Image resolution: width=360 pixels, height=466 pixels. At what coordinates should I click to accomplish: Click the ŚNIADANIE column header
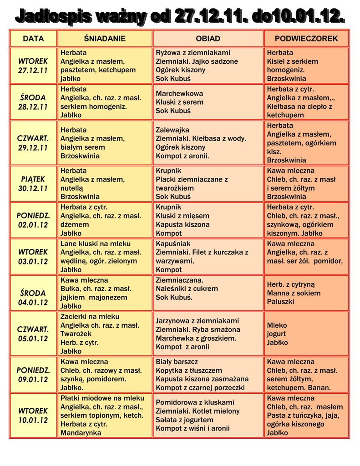[x=105, y=39]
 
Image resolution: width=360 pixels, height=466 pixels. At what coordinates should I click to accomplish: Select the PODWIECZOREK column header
[x=306, y=39]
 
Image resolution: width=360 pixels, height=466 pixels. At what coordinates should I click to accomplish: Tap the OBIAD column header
[x=208, y=39]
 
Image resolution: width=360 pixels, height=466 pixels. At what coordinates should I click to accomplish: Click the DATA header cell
[x=33, y=39]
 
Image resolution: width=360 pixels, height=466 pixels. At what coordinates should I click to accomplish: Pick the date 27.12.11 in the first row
[x=33, y=71]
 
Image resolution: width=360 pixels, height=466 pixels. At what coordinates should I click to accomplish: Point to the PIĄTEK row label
[x=33, y=179]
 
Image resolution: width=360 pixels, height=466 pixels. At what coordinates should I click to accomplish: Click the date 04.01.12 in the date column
[x=33, y=302]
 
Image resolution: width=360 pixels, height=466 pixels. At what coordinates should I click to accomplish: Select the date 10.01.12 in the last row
[x=33, y=420]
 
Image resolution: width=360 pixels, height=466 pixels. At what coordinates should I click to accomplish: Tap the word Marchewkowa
[x=179, y=93]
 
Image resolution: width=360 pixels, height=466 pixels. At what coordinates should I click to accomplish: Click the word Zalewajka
[x=172, y=130]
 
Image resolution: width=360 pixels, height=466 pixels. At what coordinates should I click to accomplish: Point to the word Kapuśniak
[x=173, y=243]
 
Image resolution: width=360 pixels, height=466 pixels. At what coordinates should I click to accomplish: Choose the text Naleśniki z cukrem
[x=187, y=289]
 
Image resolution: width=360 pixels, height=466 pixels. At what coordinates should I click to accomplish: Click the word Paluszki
[x=280, y=302]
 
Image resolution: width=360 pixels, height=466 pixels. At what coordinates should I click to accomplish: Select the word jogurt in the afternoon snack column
[x=276, y=334]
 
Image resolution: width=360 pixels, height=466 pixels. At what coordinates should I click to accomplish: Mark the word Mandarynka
[x=81, y=433]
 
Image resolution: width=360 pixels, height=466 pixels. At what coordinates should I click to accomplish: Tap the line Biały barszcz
[x=177, y=361]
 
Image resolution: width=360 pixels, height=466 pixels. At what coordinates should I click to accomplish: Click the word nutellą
[x=73, y=188]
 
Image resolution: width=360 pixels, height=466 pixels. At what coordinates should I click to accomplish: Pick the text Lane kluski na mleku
[x=96, y=243]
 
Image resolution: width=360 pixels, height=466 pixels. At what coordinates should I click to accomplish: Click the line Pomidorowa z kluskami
[x=195, y=402]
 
